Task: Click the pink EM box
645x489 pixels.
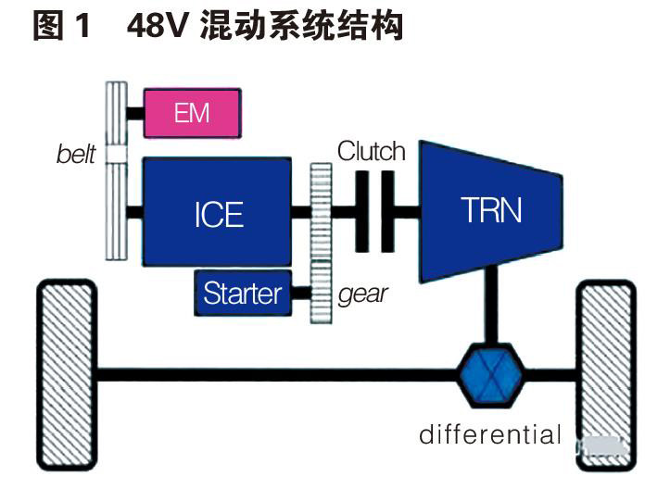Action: click(x=192, y=113)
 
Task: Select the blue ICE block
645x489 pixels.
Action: click(x=219, y=212)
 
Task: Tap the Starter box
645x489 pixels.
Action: click(x=242, y=295)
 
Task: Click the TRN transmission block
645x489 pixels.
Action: click(x=491, y=210)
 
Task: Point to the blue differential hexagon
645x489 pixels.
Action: click(x=491, y=375)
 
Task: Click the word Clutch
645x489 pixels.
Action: click(x=372, y=151)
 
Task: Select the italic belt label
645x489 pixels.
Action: click(x=76, y=155)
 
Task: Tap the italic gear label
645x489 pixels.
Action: click(x=362, y=294)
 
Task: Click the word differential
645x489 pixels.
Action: click(x=490, y=433)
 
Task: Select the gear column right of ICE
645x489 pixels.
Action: click(x=321, y=243)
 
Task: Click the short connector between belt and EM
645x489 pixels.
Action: click(x=134, y=113)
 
